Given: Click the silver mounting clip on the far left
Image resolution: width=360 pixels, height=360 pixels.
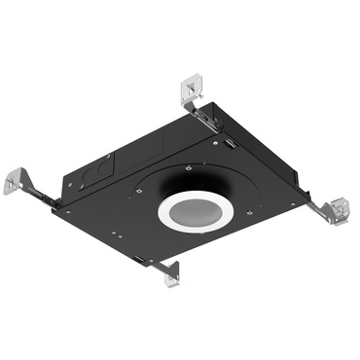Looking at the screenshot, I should point(17,181).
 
